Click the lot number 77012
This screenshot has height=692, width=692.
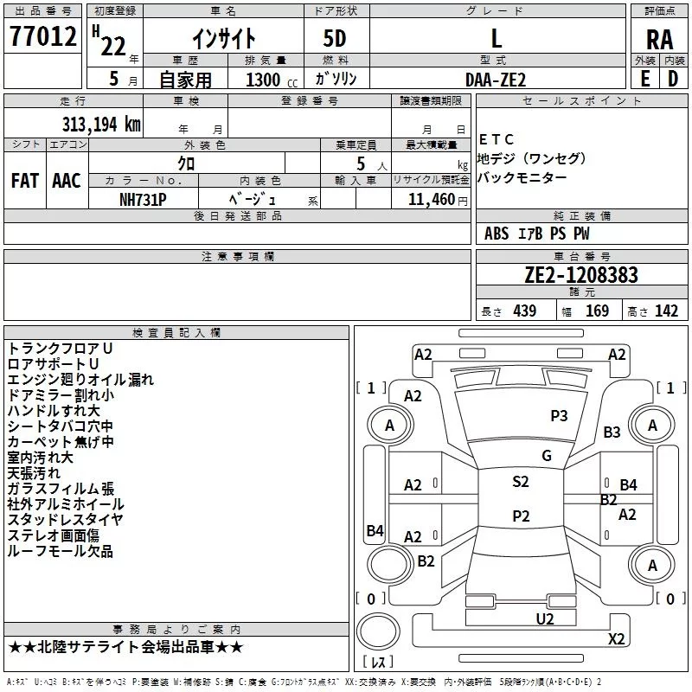(x=43, y=36)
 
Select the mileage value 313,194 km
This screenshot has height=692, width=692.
(x=101, y=125)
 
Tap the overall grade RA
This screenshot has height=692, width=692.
(x=660, y=40)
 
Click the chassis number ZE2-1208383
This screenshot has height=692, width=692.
(x=581, y=275)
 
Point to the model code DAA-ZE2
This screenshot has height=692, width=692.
(x=496, y=80)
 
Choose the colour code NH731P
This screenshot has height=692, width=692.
(x=143, y=200)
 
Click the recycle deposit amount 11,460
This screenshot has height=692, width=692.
(x=431, y=200)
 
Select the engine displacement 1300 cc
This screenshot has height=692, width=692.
(x=272, y=80)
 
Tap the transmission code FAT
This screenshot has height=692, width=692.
(x=25, y=181)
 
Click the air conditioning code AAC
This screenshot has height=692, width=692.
(x=67, y=181)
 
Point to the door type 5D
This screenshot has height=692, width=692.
(x=335, y=39)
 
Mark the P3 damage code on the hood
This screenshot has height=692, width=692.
(x=559, y=416)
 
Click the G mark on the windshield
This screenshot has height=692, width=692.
(x=547, y=456)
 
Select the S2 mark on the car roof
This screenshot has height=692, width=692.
(x=521, y=482)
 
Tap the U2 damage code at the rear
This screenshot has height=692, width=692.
(x=545, y=619)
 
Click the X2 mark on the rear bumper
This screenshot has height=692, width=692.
(x=617, y=639)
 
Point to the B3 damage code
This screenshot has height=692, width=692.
(x=612, y=432)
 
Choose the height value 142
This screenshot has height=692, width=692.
(x=666, y=311)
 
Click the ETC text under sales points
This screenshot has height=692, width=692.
(x=497, y=140)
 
